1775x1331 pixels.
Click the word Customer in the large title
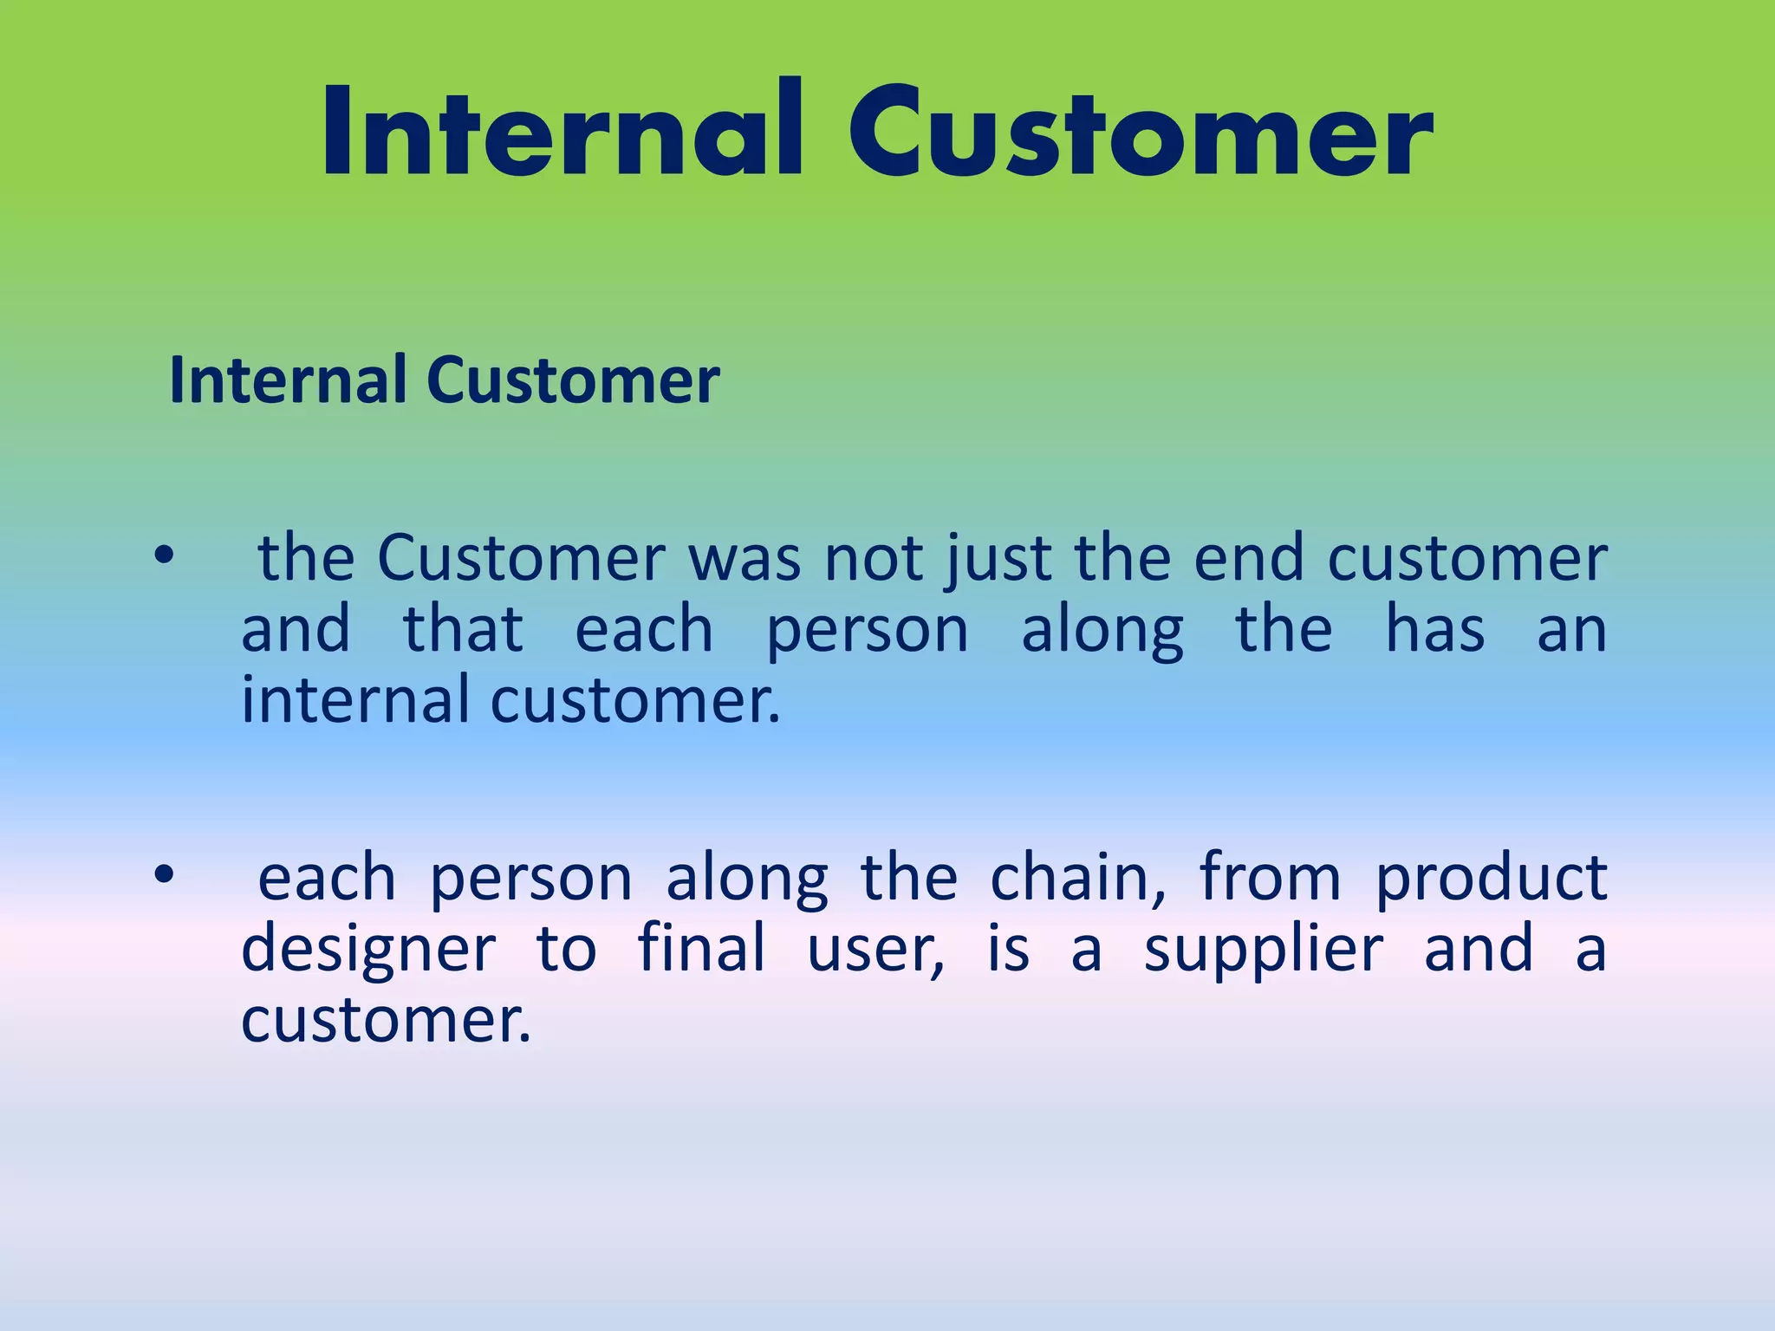(1140, 134)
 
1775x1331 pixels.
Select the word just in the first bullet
(999, 559)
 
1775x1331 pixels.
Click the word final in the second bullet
(702, 948)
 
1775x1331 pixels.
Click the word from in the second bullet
(1271, 878)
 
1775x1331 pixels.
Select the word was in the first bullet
(744, 559)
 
